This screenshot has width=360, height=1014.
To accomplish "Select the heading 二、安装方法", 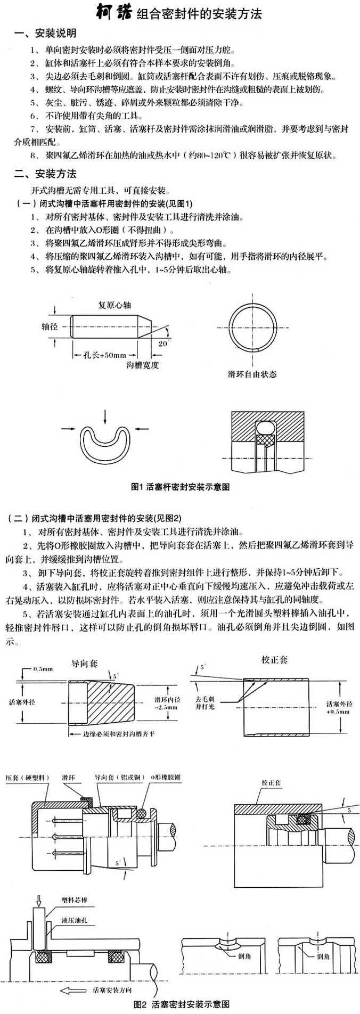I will point(46,174).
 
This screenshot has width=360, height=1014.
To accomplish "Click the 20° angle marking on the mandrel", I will point(162,344).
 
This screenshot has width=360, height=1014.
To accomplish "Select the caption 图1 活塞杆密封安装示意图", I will point(180,486).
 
